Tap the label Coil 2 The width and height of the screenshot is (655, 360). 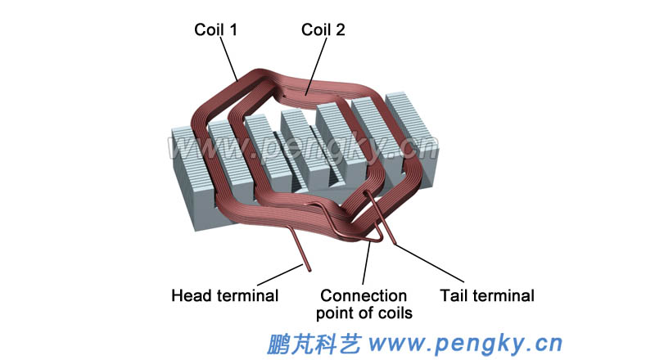[323, 29]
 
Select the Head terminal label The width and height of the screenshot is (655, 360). [224, 295]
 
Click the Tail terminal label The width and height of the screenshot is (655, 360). [486, 295]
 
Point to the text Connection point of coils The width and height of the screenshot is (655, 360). [364, 304]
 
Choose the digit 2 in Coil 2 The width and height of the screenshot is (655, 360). [341, 29]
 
